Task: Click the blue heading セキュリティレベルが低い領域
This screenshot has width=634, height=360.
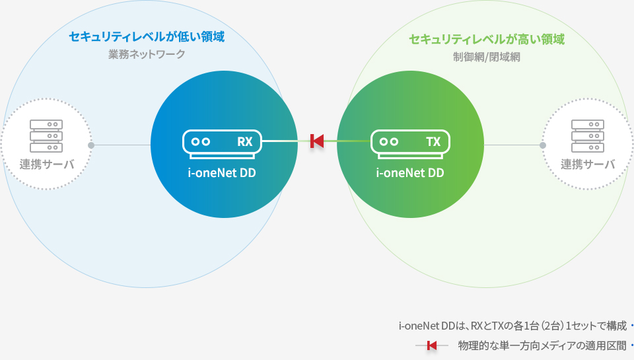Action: pyautogui.click(x=147, y=37)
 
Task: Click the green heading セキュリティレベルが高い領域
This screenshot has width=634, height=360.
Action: pyautogui.click(x=487, y=39)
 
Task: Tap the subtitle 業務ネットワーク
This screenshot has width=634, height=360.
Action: pyautogui.click(x=147, y=54)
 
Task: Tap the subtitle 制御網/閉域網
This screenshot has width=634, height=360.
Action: pyautogui.click(x=487, y=57)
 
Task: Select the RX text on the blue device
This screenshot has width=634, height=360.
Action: pyautogui.click(x=244, y=141)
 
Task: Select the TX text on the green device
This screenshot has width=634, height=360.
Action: pyautogui.click(x=433, y=141)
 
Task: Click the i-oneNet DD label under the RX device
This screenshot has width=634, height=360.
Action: pyautogui.click(x=222, y=172)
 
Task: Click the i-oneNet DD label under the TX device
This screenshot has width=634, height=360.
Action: pyautogui.click(x=410, y=172)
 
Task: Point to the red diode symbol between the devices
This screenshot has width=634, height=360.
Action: pyautogui.click(x=317, y=141)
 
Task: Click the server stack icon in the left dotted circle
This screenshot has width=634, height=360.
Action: pyautogui.click(x=46, y=136)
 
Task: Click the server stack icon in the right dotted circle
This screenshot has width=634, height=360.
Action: pyautogui.click(x=588, y=136)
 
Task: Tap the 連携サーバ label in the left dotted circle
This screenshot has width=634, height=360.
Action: pyautogui.click(x=47, y=164)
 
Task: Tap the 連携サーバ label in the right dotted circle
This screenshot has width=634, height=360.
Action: pyautogui.click(x=588, y=164)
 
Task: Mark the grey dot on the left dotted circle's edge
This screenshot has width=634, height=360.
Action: pyautogui.click(x=91, y=145)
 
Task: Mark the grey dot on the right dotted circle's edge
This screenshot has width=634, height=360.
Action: pyautogui.click(x=543, y=145)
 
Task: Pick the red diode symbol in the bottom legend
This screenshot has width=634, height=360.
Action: pyautogui.click(x=432, y=345)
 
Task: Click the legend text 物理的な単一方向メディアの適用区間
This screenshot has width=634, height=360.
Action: pyautogui.click(x=542, y=345)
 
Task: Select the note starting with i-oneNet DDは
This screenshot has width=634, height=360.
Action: pyautogui.click(x=512, y=326)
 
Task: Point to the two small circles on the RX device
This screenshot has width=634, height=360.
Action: pyautogui.click(x=201, y=141)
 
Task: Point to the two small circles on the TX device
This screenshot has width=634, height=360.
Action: pyautogui.click(x=389, y=141)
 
